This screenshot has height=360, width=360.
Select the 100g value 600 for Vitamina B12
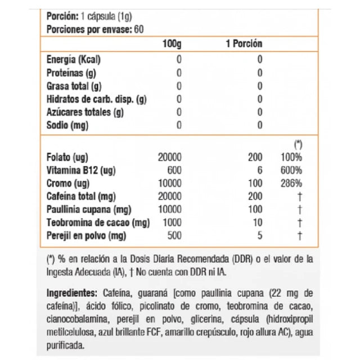174,170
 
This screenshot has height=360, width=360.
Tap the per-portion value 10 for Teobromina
258,223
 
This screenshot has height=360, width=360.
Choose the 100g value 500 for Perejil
174,236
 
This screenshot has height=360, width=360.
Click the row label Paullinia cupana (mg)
89,210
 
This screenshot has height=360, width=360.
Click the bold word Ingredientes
73,294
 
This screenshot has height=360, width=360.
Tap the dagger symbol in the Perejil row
300,236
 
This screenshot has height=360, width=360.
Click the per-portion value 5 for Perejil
260,236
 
